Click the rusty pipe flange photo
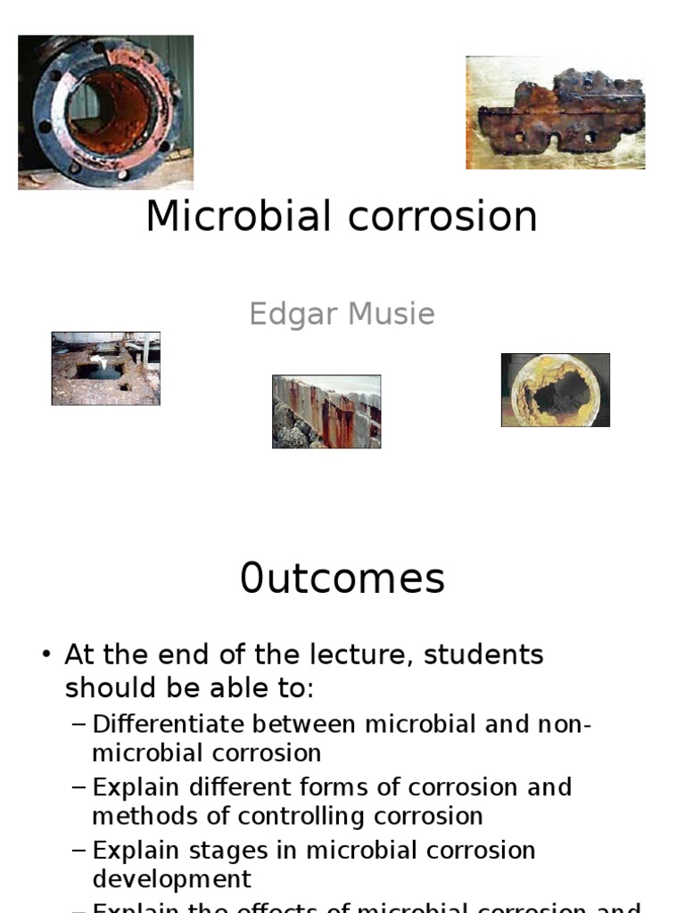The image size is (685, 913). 105,112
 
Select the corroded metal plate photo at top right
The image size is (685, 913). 555,112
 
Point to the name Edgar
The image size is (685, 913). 293,314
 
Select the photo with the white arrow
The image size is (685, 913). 105,368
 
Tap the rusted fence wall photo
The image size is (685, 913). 326,411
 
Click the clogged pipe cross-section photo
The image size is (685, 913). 555,390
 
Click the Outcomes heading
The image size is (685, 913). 342,579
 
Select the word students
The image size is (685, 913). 483,654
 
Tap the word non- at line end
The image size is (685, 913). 563,724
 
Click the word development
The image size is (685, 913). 171,879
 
